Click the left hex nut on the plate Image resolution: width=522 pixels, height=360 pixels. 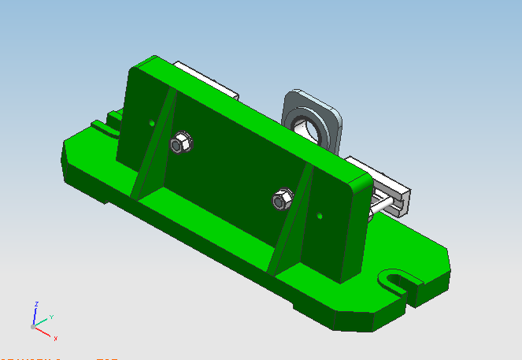[x=180, y=143]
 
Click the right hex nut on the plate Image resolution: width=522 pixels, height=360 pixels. [x=281, y=200]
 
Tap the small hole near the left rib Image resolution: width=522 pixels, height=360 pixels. [x=151, y=122]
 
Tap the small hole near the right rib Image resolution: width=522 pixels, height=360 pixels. [x=320, y=214]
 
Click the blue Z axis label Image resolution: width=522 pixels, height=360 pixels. [x=36, y=303]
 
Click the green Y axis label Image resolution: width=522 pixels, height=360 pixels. [x=51, y=317]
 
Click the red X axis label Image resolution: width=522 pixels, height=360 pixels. [x=55, y=338]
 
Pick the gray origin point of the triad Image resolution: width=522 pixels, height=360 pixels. [x=33, y=325]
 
